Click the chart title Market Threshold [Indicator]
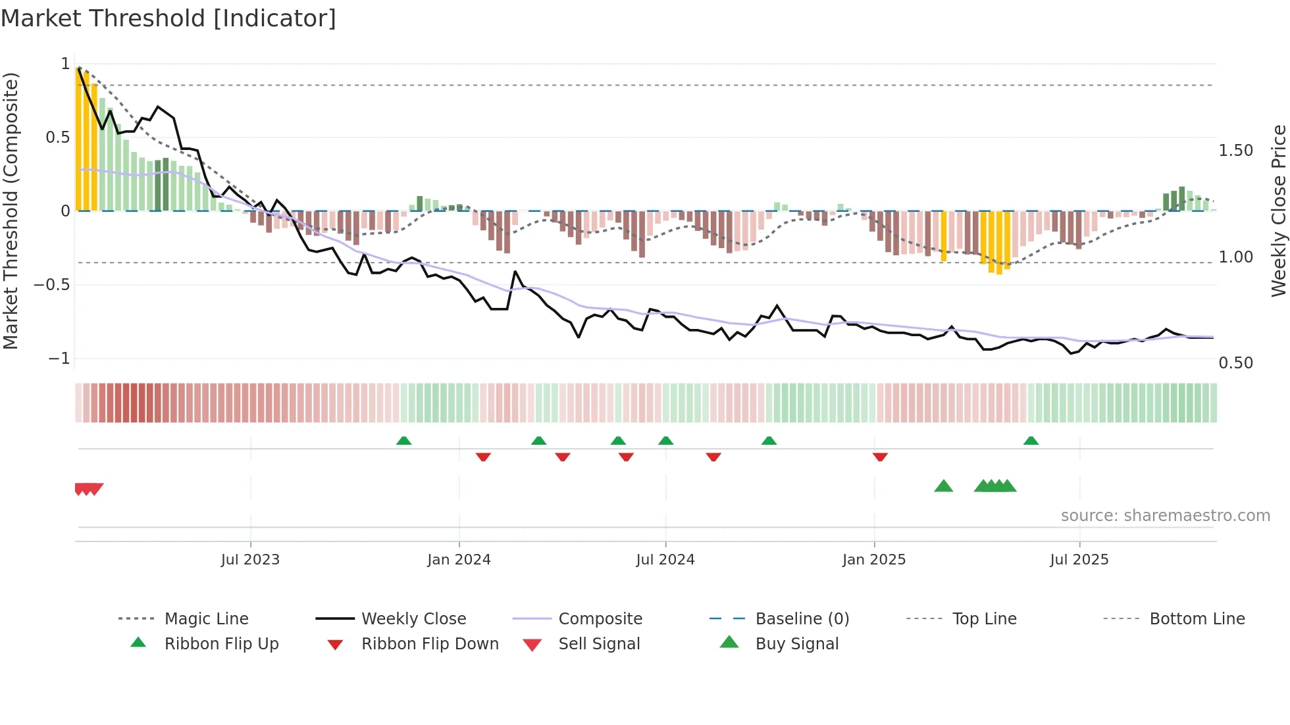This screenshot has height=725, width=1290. [168, 18]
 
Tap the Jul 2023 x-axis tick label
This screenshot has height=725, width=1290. [250, 560]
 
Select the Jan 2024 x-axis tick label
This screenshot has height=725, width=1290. [459, 560]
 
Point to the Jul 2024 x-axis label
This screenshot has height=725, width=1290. [665, 560]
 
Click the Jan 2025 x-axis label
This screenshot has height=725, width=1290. [874, 560]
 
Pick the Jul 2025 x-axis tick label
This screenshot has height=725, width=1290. [1079, 560]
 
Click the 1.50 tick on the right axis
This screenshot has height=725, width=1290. [1235, 151]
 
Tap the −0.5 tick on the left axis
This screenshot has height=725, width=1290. [52, 285]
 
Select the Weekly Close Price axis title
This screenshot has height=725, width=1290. [1278, 211]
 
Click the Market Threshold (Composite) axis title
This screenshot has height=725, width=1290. [11, 211]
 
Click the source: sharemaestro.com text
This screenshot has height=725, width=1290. [1165, 516]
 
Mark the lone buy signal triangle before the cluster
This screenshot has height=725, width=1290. [943, 486]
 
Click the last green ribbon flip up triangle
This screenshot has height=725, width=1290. [1031, 441]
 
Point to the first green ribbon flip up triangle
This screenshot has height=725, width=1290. [403, 441]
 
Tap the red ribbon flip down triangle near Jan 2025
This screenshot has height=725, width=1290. [880, 457]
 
